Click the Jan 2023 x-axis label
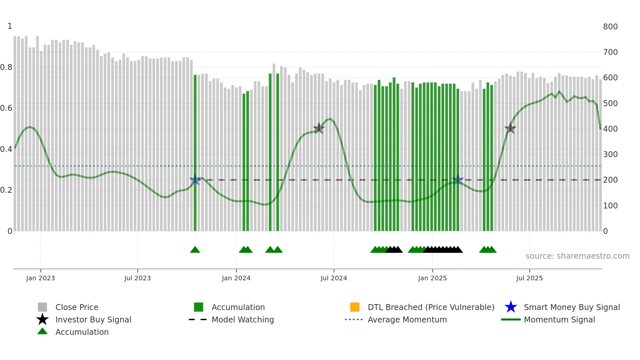click(x=40, y=278)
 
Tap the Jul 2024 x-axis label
click(x=334, y=278)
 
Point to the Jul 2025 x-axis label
click(x=529, y=278)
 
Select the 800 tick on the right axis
click(x=610, y=27)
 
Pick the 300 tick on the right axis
click(x=610, y=155)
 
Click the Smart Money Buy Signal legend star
click(x=511, y=307)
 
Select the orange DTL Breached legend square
click(x=355, y=307)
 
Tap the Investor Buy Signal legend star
click(x=42, y=319)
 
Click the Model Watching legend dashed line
click(x=198, y=319)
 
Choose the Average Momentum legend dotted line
click(x=354, y=319)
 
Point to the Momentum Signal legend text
click(x=559, y=319)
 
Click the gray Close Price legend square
click(x=42, y=307)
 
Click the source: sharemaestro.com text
click(x=577, y=256)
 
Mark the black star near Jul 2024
click(x=319, y=128)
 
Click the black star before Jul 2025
click(x=510, y=128)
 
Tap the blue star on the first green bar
click(x=195, y=180)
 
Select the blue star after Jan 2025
click(x=457, y=180)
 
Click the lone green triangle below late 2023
click(x=195, y=250)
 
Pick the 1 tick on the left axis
click(x=10, y=26)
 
